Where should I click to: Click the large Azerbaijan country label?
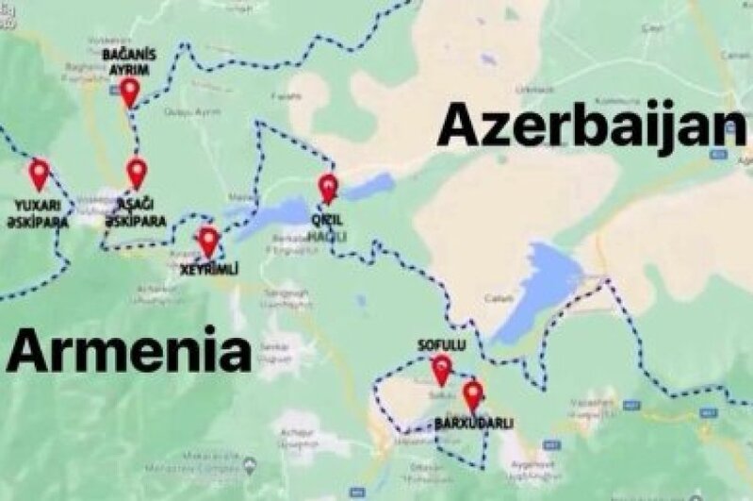point(592,125)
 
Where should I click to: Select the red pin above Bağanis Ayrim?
point(130,91)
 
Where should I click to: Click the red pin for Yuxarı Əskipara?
point(39,173)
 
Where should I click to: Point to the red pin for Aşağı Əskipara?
point(137,172)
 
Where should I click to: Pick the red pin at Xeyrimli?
point(208,241)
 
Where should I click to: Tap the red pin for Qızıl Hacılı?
point(327,187)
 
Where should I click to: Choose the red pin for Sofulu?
point(441,368)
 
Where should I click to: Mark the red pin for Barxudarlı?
point(472,394)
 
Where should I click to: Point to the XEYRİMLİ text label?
point(208,270)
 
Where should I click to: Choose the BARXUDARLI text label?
point(473,423)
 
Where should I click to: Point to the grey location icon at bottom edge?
point(249,466)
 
